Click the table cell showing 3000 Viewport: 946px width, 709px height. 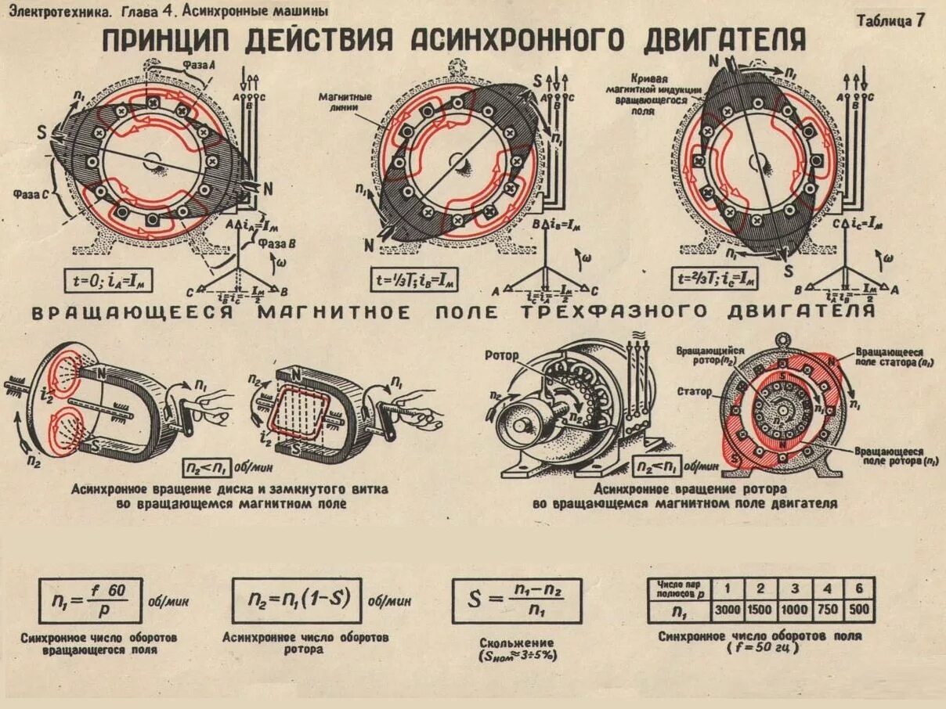point(731,610)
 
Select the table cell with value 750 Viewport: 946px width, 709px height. point(827,610)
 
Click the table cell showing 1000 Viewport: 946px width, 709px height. point(795,610)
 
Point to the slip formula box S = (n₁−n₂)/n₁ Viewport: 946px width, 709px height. point(516,600)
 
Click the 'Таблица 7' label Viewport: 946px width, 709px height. point(890,21)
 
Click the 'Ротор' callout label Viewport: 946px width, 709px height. point(501,356)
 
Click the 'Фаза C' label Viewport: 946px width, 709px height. point(31,193)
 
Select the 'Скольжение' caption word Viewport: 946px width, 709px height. point(517,642)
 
